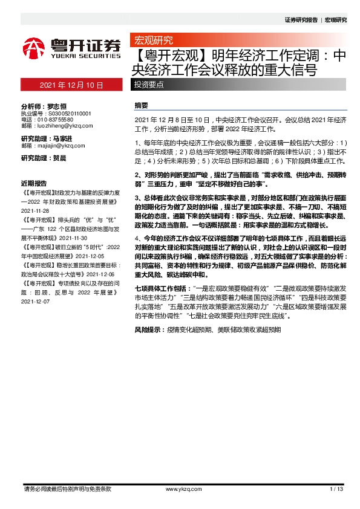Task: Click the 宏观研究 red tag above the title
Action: click(152, 41)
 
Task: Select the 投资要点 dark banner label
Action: click(148, 85)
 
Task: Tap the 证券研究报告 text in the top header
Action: click(301, 20)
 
